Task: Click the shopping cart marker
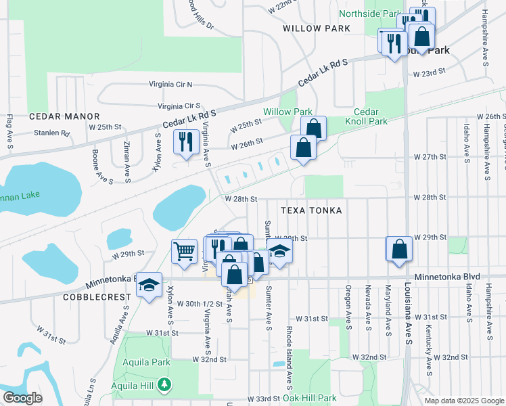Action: pos(184,251)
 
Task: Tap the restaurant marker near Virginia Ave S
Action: pos(184,142)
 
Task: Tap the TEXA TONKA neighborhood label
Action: pos(311,210)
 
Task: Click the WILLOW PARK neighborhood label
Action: pos(317,28)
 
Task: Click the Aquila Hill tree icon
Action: pos(163,385)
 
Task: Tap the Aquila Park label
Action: pos(146,362)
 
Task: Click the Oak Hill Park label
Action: pos(309,399)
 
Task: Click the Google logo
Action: pos(22,398)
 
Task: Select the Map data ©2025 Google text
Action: pos(463,401)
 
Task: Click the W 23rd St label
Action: pos(430,72)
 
